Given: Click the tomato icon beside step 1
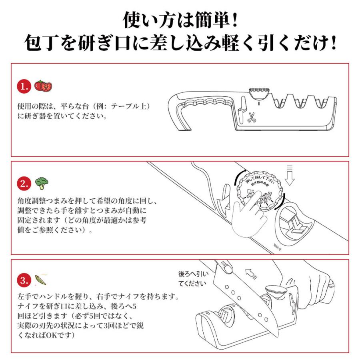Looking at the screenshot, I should [43, 86].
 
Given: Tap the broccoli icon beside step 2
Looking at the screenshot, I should [42, 183].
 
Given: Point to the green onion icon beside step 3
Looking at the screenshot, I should [40, 279].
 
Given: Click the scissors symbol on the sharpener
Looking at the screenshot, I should [252, 117].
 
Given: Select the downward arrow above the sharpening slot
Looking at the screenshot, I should [290, 176].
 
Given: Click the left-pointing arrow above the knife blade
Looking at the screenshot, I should [252, 273].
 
